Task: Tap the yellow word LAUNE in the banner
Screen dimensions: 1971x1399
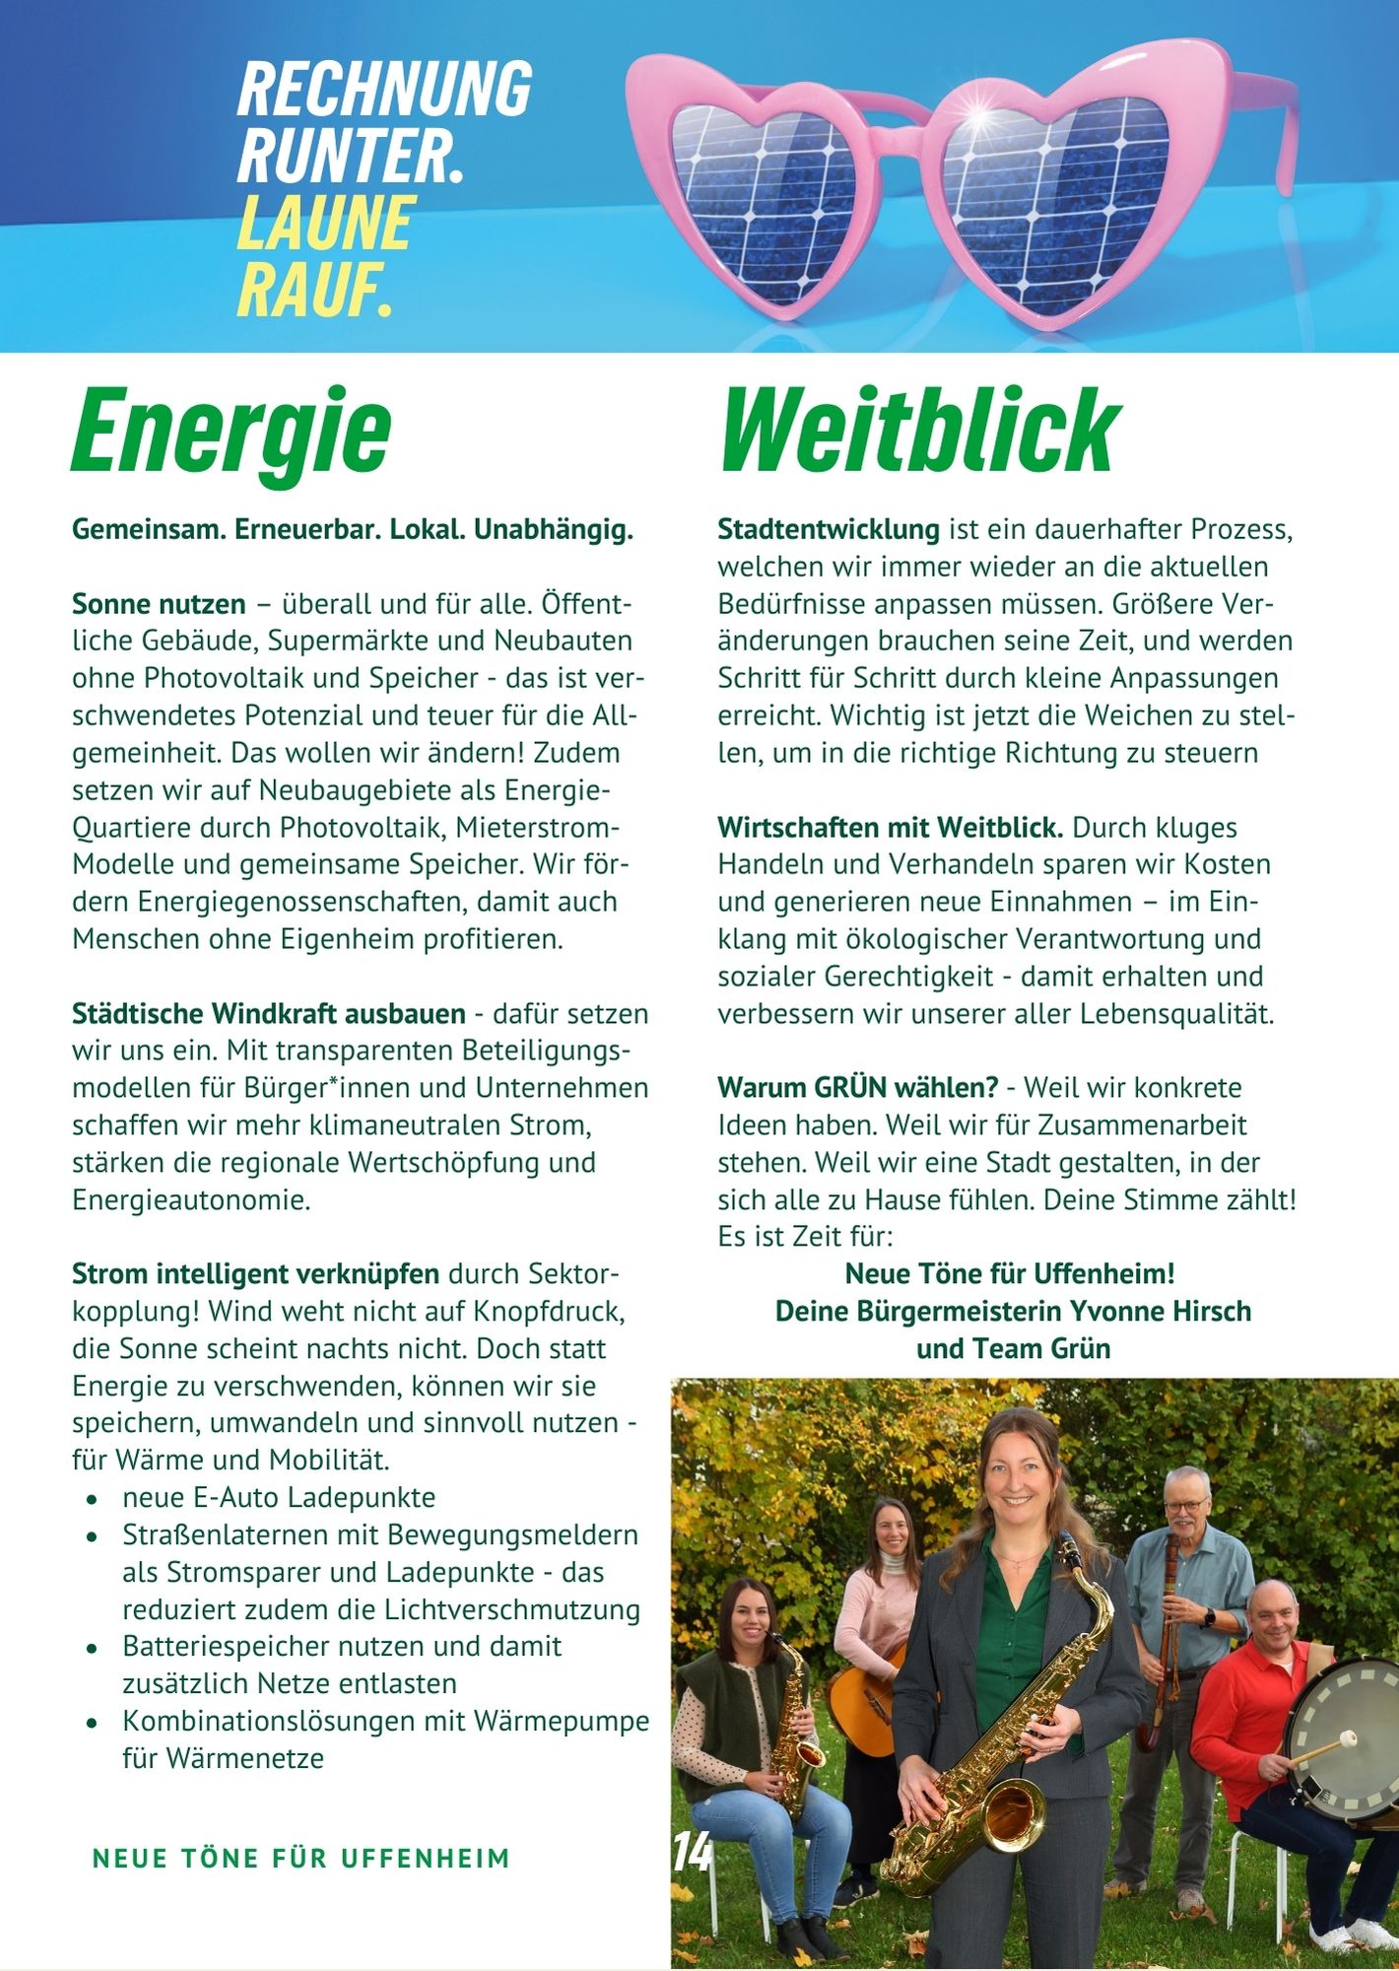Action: click(325, 223)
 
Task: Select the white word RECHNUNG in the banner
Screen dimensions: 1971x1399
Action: click(384, 89)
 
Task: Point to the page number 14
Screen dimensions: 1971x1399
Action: click(692, 1853)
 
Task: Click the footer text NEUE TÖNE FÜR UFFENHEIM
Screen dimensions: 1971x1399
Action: click(301, 1859)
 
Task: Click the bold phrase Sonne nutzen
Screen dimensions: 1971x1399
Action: click(159, 603)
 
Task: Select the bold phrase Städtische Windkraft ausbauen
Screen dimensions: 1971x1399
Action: click(268, 1013)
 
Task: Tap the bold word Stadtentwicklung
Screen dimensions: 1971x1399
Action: click(828, 529)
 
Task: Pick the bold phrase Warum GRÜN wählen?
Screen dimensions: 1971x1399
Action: click(857, 1088)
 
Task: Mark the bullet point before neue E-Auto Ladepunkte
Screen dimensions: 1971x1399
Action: click(91, 1500)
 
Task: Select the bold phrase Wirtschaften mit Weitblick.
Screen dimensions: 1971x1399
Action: click(890, 828)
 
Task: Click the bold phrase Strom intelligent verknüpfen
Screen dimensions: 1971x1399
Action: click(255, 1273)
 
